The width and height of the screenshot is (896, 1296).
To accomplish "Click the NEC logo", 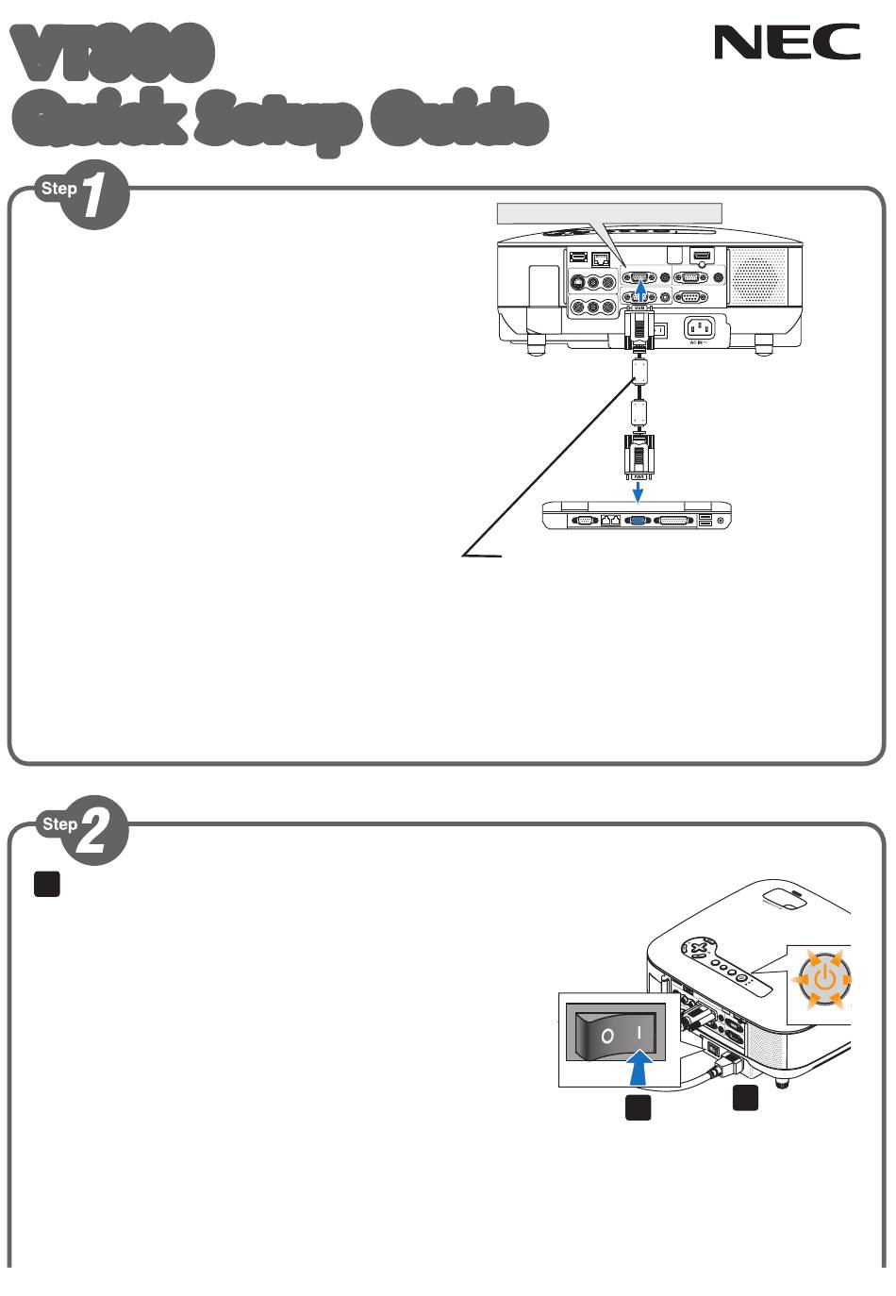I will click(787, 42).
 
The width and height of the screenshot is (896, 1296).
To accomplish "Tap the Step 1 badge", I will click(84, 196).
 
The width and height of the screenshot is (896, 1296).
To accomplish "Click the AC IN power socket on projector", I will click(698, 328).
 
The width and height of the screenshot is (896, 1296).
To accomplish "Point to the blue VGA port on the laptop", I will click(638, 520).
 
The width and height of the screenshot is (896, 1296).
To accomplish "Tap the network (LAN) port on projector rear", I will click(600, 257).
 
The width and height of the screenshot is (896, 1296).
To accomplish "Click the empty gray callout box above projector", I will click(609, 213).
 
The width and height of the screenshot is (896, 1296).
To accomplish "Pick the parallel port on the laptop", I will click(673, 520).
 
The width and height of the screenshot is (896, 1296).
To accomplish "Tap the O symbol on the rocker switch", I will click(608, 1036).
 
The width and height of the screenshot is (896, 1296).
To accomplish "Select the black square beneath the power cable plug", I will click(746, 1098).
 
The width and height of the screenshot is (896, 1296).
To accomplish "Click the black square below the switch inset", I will click(639, 1108).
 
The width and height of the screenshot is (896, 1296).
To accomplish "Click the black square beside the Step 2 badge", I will click(47, 883).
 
